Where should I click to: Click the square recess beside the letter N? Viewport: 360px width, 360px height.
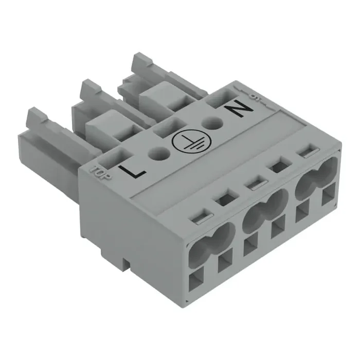click(x=218, y=98)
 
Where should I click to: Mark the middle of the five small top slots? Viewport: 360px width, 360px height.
click(x=250, y=182)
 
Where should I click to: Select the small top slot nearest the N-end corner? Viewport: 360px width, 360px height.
click(x=308, y=152)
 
